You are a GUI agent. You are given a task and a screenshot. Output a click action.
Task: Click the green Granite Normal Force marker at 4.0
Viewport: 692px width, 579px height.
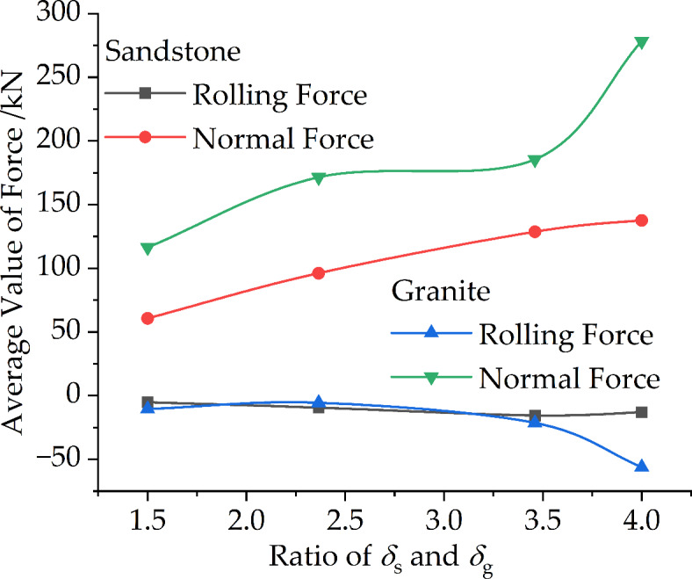pyautogui.click(x=641, y=42)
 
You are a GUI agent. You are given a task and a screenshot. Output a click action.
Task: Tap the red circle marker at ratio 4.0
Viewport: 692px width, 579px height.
pyautogui.click(x=641, y=221)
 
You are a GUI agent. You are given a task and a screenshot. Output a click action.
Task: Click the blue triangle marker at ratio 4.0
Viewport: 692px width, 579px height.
pyautogui.click(x=641, y=466)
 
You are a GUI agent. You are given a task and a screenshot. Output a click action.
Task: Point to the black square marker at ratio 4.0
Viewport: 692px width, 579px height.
pyautogui.click(x=641, y=412)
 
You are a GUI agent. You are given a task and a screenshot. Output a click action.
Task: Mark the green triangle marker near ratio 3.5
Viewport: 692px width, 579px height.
pyautogui.click(x=534, y=161)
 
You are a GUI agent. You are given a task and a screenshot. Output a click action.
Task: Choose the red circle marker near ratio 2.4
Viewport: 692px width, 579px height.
pyautogui.click(x=318, y=273)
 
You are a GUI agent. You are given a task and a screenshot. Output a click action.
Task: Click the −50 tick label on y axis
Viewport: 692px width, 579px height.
pyautogui.click(x=54, y=460)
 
